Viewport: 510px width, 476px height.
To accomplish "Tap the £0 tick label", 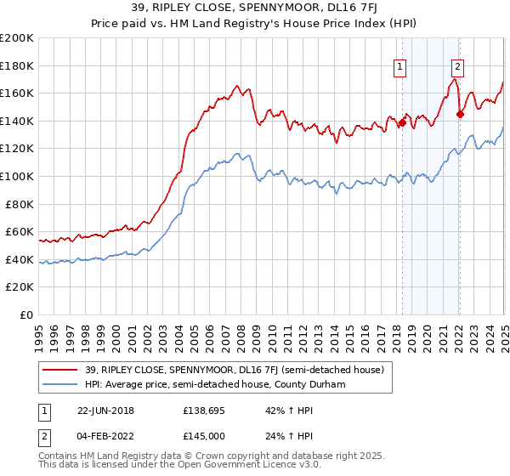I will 27,314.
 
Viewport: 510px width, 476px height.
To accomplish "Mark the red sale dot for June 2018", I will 402,122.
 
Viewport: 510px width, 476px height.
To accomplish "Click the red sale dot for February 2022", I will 459,114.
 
